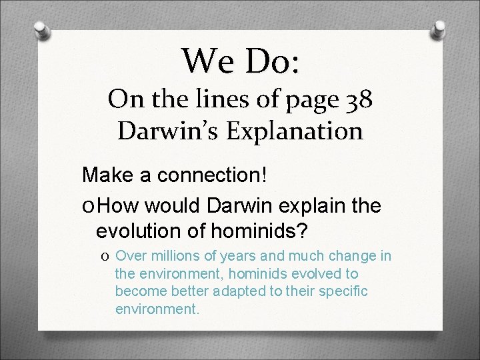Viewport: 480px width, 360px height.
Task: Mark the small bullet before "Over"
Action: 107,257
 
